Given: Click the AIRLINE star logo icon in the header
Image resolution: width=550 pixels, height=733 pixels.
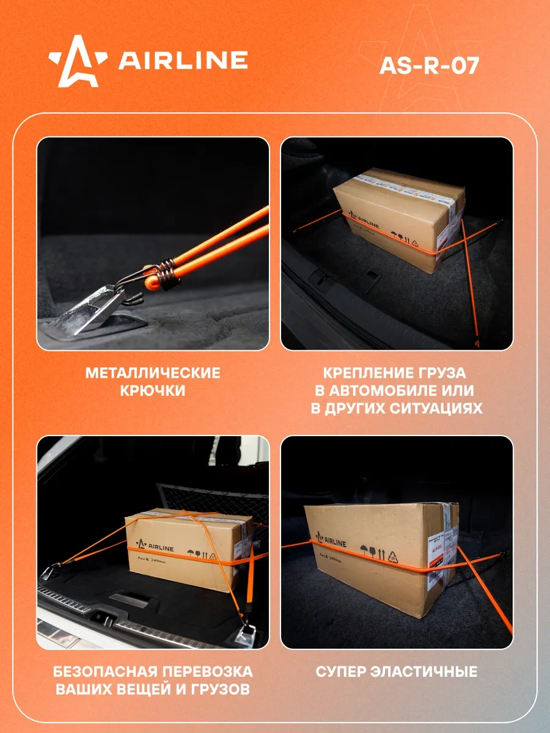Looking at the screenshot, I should click(x=78, y=61).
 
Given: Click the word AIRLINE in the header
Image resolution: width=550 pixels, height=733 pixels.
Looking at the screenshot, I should click(x=183, y=60).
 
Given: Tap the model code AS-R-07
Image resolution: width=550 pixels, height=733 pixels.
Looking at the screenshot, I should click(x=428, y=65).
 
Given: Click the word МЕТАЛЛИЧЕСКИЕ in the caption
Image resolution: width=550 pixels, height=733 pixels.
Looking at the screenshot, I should click(x=153, y=373).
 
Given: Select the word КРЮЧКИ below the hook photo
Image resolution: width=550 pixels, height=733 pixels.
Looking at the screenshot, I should click(x=153, y=391).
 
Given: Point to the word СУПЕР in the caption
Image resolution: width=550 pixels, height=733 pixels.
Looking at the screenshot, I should click(x=339, y=672).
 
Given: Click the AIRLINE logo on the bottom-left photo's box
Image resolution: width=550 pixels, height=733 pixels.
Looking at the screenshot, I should click(x=156, y=542).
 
